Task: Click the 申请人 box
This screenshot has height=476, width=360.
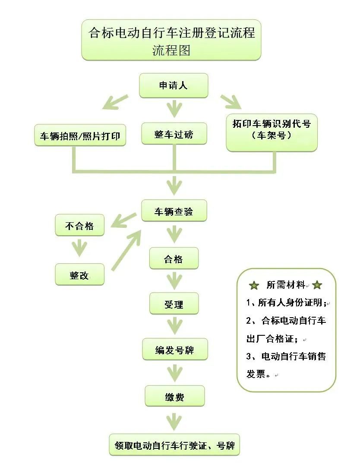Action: point(173,85)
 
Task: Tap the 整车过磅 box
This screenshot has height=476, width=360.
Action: point(174,134)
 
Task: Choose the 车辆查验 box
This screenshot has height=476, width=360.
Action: point(174,211)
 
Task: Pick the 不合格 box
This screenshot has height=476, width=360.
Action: point(79,225)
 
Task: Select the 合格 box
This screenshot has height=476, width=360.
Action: point(174,259)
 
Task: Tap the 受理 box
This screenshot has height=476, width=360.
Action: point(174,305)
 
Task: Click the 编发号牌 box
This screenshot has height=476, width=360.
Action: point(174,350)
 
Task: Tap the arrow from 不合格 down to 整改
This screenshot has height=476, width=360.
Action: point(79,249)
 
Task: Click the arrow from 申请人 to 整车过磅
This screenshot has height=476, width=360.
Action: point(174,108)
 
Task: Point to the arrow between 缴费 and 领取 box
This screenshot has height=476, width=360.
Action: point(174,421)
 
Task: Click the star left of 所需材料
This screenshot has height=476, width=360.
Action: point(254,285)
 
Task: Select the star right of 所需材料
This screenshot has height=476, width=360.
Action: point(317,285)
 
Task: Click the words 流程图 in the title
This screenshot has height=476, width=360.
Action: point(171,50)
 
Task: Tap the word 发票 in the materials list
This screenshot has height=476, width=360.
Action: point(256,374)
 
